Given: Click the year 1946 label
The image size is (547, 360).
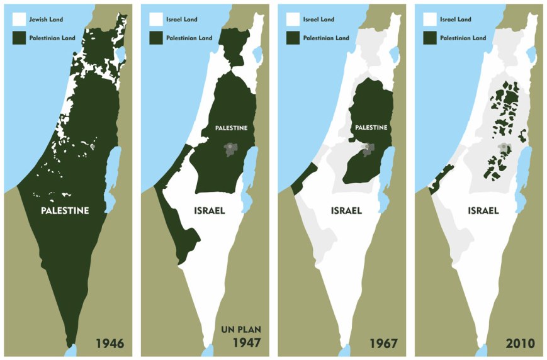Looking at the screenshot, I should coord(110,344).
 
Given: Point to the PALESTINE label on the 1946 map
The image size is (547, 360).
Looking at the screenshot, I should coord(65,211).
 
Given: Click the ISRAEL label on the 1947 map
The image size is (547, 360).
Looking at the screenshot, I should coord(210,211).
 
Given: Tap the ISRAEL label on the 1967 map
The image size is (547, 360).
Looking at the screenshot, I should coord(346,211).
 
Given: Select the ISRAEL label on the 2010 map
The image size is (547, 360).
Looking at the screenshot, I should coord(483,211).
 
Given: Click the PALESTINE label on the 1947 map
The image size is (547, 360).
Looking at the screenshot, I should coord(231,128).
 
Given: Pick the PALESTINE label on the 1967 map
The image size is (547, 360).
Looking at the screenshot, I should coord(370,128).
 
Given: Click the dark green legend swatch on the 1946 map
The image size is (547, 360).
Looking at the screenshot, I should coord(20,38).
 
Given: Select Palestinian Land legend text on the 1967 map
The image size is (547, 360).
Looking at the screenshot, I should coord(326,38).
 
